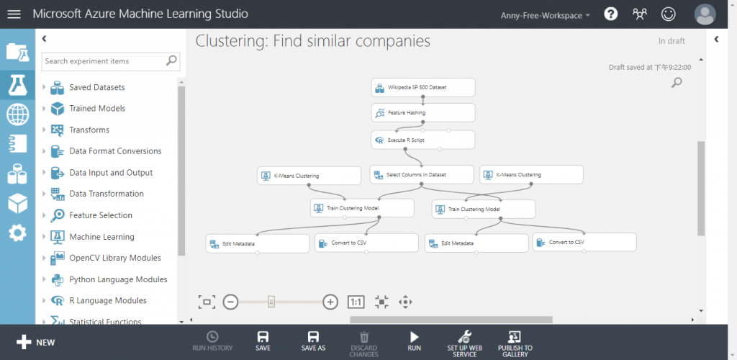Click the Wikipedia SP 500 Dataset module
(423, 88)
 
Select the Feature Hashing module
(423, 113)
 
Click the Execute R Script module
(423, 140)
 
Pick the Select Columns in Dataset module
(422, 175)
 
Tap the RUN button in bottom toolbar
(414, 341)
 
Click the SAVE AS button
(313, 341)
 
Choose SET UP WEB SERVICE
(464, 341)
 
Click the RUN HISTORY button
(212, 341)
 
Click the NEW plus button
(35, 342)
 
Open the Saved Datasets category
(96, 87)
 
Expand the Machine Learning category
(101, 237)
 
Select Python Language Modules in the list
(118, 279)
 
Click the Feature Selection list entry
(101, 215)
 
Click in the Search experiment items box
(104, 61)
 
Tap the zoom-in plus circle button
(330, 302)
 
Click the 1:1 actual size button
(356, 302)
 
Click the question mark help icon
(611, 14)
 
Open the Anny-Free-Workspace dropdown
(545, 15)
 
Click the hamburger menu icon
(14, 14)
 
